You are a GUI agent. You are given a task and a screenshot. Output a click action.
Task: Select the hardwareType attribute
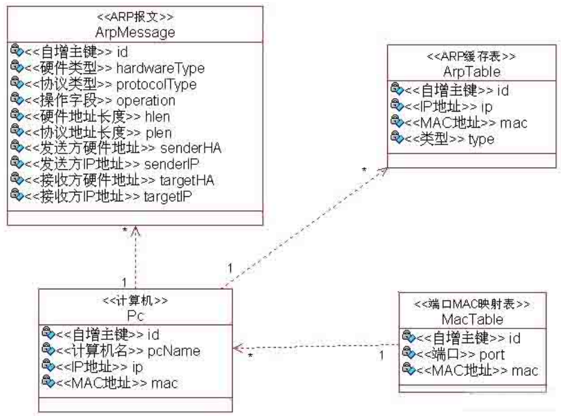(160, 68)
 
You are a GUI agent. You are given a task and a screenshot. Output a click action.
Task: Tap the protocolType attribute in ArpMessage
(156, 85)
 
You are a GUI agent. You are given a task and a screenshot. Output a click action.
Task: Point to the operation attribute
(145, 101)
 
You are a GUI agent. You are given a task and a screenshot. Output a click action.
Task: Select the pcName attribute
(174, 351)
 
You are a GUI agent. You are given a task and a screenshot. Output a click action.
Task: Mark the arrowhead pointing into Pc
(238, 348)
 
